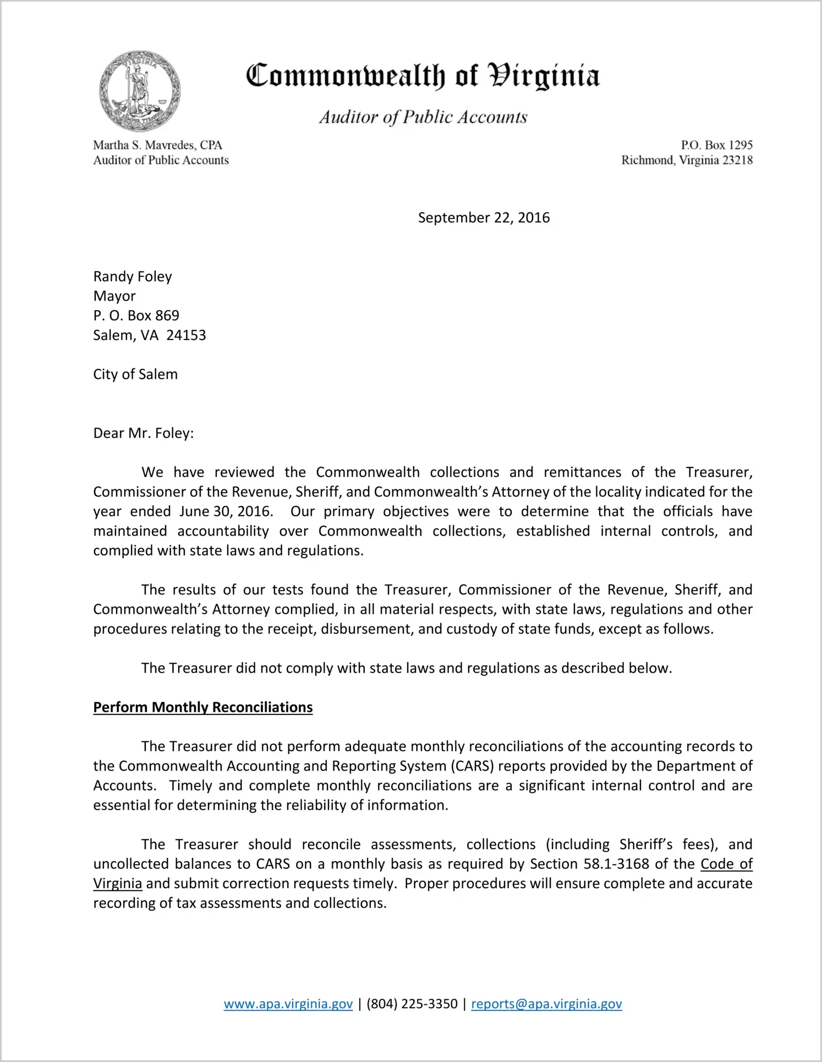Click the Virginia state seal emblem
pos(139,91)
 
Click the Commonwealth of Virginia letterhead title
pos(423,76)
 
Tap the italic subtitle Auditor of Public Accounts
pos(423,117)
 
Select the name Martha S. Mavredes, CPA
pos(157,145)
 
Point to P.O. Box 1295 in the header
pos(716,145)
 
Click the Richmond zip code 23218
pos(737,160)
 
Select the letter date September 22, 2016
pos(484,218)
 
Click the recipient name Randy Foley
pos(133,276)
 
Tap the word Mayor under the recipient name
pos(114,296)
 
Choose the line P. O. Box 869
pos(136,316)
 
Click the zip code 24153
pos(186,335)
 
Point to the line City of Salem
pos(135,375)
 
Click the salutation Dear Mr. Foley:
pos(144,433)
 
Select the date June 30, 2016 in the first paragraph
pos(226,511)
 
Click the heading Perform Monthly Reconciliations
pos(203,707)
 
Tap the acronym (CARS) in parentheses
pos(472,766)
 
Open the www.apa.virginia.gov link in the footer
pos(288,1004)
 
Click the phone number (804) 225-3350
pos(412,1004)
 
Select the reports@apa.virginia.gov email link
pos(546,1004)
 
